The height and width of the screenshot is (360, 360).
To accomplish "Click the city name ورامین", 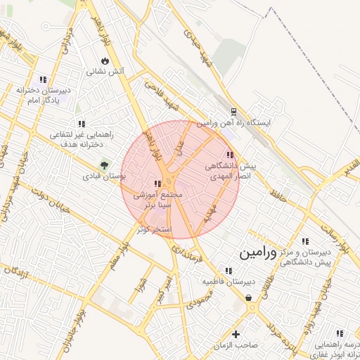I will [262, 251].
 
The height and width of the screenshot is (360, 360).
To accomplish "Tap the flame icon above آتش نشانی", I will [105, 60].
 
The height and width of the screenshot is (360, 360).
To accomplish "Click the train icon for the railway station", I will [233, 112].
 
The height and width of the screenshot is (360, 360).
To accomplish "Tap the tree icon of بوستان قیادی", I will [104, 165].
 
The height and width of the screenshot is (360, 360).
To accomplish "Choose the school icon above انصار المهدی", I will [229, 155].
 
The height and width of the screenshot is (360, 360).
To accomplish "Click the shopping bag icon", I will [250, 297].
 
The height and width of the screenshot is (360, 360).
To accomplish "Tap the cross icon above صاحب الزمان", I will [236, 334].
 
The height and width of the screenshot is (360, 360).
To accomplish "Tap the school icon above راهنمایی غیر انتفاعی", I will [82, 124].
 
